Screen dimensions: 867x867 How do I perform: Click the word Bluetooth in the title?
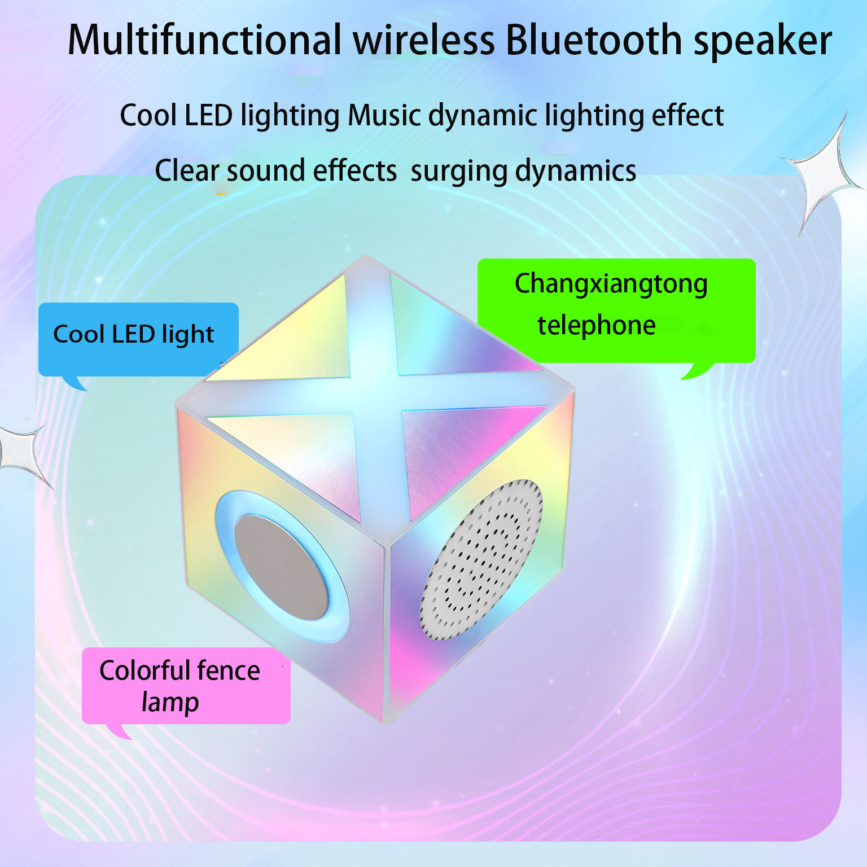pos(594,40)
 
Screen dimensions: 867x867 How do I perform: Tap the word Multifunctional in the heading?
pos(204,40)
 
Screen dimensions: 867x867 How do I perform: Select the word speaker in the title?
pos(763,43)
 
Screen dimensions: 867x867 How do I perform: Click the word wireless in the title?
pos(424,40)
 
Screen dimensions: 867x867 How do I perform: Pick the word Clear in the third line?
pos(187,170)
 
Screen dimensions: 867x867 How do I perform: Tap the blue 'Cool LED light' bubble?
pos(138,339)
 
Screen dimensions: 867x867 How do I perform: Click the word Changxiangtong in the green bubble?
pos(611,284)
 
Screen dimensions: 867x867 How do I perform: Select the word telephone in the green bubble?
pos(596,326)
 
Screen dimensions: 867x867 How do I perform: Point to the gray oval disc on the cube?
pos(281,566)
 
